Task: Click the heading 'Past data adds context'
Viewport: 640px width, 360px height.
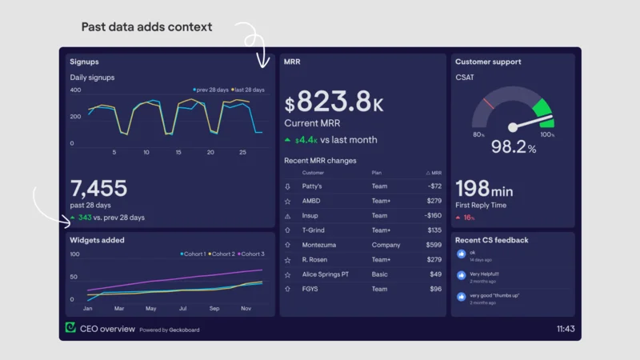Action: (146, 27)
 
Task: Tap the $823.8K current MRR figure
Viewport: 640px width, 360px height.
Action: (334, 102)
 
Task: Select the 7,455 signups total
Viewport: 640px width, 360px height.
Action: (98, 188)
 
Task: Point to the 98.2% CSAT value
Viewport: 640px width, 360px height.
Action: (513, 147)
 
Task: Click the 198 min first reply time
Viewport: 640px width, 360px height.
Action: (484, 189)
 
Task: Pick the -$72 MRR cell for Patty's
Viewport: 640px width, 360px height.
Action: (433, 186)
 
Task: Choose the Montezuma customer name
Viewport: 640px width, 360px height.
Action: (319, 245)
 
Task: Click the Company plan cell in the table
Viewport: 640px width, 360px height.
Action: (386, 245)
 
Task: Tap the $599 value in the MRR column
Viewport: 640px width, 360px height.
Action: (434, 245)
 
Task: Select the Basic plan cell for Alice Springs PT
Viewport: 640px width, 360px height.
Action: (379, 274)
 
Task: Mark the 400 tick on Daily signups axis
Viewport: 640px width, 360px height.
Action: (75, 90)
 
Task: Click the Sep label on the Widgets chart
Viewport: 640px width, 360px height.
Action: (214, 308)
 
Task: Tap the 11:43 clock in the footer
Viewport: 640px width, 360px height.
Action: (565, 329)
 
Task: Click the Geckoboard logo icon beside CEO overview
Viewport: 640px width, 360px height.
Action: (71, 328)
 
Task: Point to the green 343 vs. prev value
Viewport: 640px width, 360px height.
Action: (85, 218)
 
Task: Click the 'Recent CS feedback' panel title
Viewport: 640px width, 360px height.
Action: (491, 240)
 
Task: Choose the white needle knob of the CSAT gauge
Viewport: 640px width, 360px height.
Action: (513, 127)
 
